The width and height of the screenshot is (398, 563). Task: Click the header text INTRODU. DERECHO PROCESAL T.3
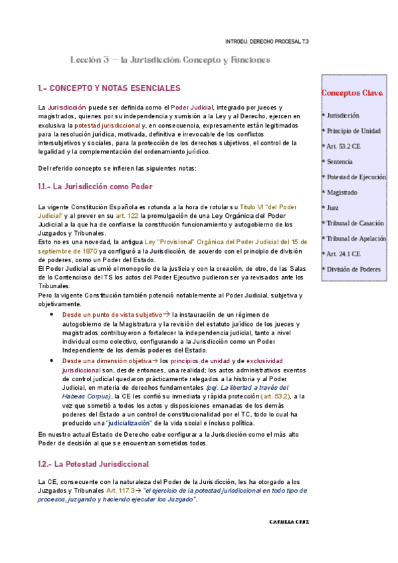tap(267, 41)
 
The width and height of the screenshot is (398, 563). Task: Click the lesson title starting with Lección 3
tap(170, 60)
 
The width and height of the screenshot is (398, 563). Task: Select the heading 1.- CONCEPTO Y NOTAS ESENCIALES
tap(109, 88)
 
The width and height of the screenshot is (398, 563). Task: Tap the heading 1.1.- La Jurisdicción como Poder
tap(95, 187)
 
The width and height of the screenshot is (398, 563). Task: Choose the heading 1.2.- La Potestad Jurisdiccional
tap(93, 463)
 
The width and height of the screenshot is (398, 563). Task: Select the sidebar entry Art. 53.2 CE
tap(344, 146)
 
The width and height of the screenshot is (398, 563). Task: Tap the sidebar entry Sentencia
tap(340, 161)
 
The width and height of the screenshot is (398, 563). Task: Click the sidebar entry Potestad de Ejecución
tap(355, 177)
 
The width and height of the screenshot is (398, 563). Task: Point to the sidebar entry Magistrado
tap(342, 193)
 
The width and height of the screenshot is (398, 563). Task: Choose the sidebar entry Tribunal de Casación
tap(355, 223)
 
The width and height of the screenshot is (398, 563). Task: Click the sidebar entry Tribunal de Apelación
tap(355, 238)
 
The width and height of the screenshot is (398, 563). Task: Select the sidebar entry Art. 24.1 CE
tap(344, 254)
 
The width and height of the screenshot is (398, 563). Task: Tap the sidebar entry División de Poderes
tap(352, 269)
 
